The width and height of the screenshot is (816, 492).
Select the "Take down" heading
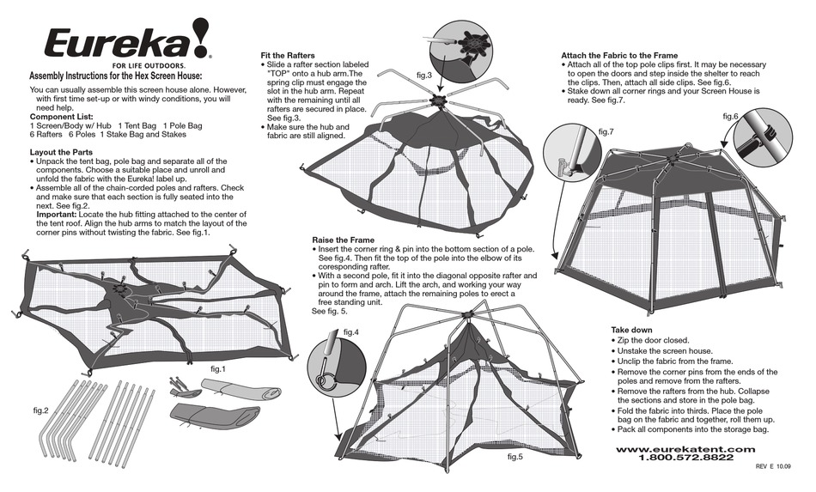[631, 330]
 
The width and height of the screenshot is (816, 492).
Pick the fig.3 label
[423, 75]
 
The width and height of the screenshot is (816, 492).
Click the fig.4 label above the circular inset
[350, 331]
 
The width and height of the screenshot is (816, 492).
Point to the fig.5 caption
[515, 456]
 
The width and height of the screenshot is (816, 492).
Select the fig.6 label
[729, 115]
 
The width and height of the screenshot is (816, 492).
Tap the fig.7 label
[606, 131]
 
